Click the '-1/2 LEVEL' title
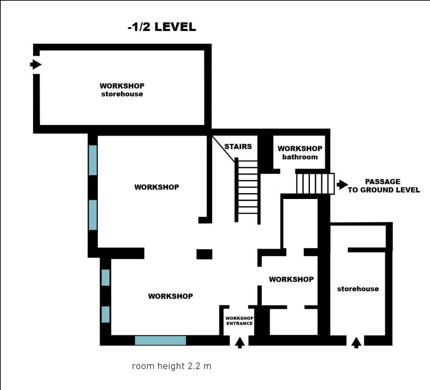[x=162, y=27]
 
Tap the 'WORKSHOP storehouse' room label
[x=122, y=90]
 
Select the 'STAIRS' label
[x=238, y=146]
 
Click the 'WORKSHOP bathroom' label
[x=300, y=153]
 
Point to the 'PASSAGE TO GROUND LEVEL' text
[x=384, y=186]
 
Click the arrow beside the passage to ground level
[x=342, y=184]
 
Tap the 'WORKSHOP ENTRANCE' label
[x=239, y=321]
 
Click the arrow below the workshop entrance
[x=240, y=343]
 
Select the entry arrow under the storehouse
[x=356, y=343]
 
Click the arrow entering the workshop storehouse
[x=36, y=65]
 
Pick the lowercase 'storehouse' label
[x=358, y=288]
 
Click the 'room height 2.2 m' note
[x=171, y=366]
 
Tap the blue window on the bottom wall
[x=161, y=340]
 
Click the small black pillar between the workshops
[x=204, y=254]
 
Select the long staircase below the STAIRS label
[x=247, y=191]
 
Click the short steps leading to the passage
[x=315, y=184]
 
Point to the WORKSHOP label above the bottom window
[x=171, y=296]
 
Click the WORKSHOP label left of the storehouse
[x=291, y=279]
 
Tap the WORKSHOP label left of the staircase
[x=156, y=187]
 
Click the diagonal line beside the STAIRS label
[x=223, y=149]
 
